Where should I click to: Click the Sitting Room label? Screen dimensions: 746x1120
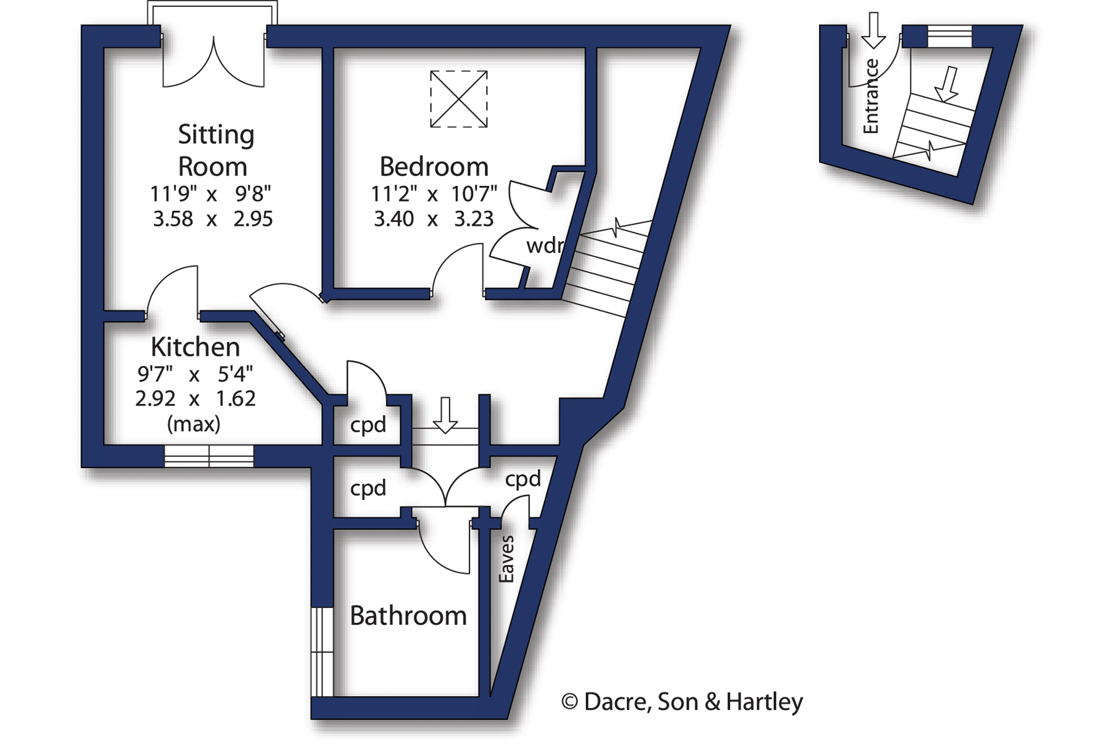pyautogui.click(x=215, y=151)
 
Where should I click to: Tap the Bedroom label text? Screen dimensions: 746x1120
pyautogui.click(x=434, y=167)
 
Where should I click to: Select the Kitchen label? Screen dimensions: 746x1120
pyautogui.click(x=195, y=347)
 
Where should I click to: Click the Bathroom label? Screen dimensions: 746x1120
pyautogui.click(x=408, y=615)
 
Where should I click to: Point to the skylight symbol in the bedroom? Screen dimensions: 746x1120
pyautogui.click(x=458, y=99)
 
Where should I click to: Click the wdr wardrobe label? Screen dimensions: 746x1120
pyautogui.click(x=544, y=246)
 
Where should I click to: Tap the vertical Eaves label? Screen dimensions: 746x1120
pyautogui.click(x=506, y=559)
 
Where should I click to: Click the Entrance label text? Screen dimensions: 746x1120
pyautogui.click(x=871, y=96)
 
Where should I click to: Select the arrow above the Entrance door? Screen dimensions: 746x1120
pyautogui.click(x=873, y=31)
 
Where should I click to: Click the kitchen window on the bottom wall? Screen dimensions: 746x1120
pyautogui.click(x=209, y=456)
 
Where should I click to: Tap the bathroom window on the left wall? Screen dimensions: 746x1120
pyautogui.click(x=322, y=652)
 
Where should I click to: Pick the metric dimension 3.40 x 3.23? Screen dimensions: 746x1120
pyautogui.click(x=434, y=218)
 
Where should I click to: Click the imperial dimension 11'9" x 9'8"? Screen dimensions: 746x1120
pyautogui.click(x=210, y=194)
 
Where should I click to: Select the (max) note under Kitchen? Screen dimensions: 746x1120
pyautogui.click(x=193, y=424)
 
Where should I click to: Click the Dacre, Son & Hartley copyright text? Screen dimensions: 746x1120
pyautogui.click(x=682, y=702)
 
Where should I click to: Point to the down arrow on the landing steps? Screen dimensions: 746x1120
pyautogui.click(x=445, y=415)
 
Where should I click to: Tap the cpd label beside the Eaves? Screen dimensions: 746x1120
pyautogui.click(x=523, y=479)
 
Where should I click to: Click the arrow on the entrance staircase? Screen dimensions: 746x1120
pyautogui.click(x=948, y=84)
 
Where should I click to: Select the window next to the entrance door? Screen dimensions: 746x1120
pyautogui.click(x=949, y=36)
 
